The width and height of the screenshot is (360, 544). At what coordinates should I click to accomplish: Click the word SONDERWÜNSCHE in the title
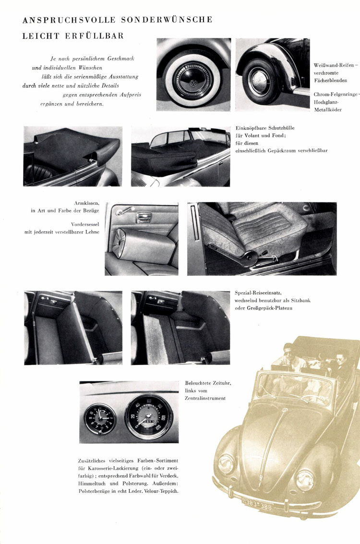[167, 20]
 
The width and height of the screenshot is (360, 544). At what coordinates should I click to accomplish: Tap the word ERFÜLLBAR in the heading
[95, 35]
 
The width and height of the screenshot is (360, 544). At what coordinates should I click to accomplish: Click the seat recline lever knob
[249, 256]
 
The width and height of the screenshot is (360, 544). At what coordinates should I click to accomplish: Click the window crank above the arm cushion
[125, 211]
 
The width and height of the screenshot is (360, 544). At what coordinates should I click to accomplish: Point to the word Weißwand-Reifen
[334, 65]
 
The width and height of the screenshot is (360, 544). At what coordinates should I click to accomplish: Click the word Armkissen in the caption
[87, 203]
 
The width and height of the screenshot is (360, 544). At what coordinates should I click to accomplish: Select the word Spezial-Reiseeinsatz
[258, 293]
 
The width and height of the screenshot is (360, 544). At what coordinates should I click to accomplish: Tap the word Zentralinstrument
[205, 398]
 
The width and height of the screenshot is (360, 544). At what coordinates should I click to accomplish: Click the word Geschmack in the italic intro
[121, 59]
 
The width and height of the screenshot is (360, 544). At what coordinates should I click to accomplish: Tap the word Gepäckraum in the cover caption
[282, 151]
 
